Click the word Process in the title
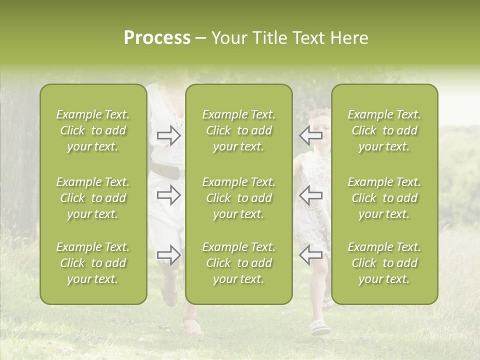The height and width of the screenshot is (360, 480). [157, 38]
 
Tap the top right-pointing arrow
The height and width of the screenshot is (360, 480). [169, 135]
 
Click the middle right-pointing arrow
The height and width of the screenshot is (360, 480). [169, 195]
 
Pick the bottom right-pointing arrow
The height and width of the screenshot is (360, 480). [169, 254]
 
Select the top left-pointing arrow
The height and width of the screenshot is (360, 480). [310, 135]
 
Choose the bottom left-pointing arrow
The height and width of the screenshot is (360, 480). [310, 254]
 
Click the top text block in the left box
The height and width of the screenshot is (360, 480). [93, 130]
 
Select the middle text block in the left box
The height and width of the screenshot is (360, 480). [93, 198]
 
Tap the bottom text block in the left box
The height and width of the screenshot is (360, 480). [93, 263]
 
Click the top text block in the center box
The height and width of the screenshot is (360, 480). [238, 130]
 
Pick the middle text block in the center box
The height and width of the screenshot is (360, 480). [238, 198]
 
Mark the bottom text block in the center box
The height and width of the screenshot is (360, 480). [238, 263]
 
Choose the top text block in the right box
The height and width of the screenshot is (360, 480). [384, 130]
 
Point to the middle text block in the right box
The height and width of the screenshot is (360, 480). [384, 198]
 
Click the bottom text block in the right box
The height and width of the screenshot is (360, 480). [384, 263]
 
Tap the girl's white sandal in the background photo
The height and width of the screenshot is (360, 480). [320, 328]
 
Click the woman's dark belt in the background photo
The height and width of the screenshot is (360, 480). [166, 172]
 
